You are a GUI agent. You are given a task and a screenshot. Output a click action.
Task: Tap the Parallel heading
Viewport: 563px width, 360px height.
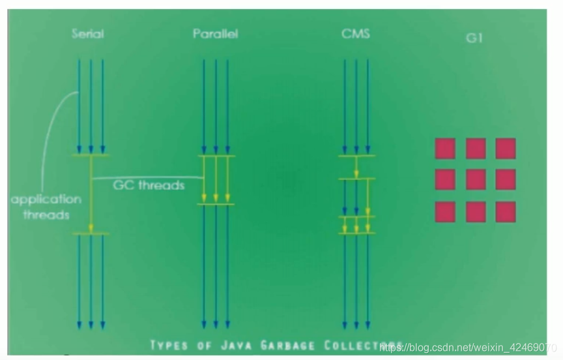click(215, 33)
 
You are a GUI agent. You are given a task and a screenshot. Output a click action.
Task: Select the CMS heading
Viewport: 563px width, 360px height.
click(355, 33)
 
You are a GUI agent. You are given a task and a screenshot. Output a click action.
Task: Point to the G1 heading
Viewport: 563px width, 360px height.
click(474, 38)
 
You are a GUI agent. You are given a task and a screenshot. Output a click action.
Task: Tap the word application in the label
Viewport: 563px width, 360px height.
click(46, 200)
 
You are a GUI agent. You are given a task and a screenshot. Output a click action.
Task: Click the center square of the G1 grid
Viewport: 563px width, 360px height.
click(475, 179)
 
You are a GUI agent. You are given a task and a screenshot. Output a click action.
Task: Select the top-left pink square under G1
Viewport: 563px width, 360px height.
click(445, 149)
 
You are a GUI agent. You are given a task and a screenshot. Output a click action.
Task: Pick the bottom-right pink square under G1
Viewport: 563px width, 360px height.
click(505, 211)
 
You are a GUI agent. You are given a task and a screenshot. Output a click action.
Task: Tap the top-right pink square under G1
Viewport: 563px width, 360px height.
click(505, 149)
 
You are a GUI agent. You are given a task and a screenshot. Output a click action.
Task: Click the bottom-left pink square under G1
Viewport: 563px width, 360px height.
click(445, 211)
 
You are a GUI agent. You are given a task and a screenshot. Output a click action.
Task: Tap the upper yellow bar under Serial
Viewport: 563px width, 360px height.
click(91, 155)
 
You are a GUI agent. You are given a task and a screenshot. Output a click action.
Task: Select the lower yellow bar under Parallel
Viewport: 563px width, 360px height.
click(216, 205)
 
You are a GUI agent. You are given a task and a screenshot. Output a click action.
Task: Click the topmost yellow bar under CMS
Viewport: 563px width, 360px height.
click(356, 155)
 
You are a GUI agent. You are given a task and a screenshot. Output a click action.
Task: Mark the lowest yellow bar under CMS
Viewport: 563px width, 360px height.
click(356, 233)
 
